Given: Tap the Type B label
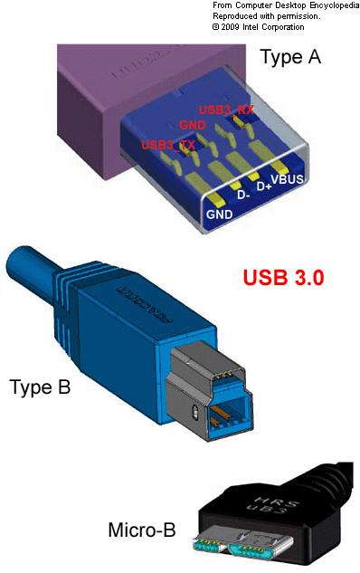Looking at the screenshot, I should point(40,388).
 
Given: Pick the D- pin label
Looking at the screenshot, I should point(243,195).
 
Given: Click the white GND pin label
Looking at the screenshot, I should point(219,215).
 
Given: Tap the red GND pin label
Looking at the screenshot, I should point(193,126).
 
